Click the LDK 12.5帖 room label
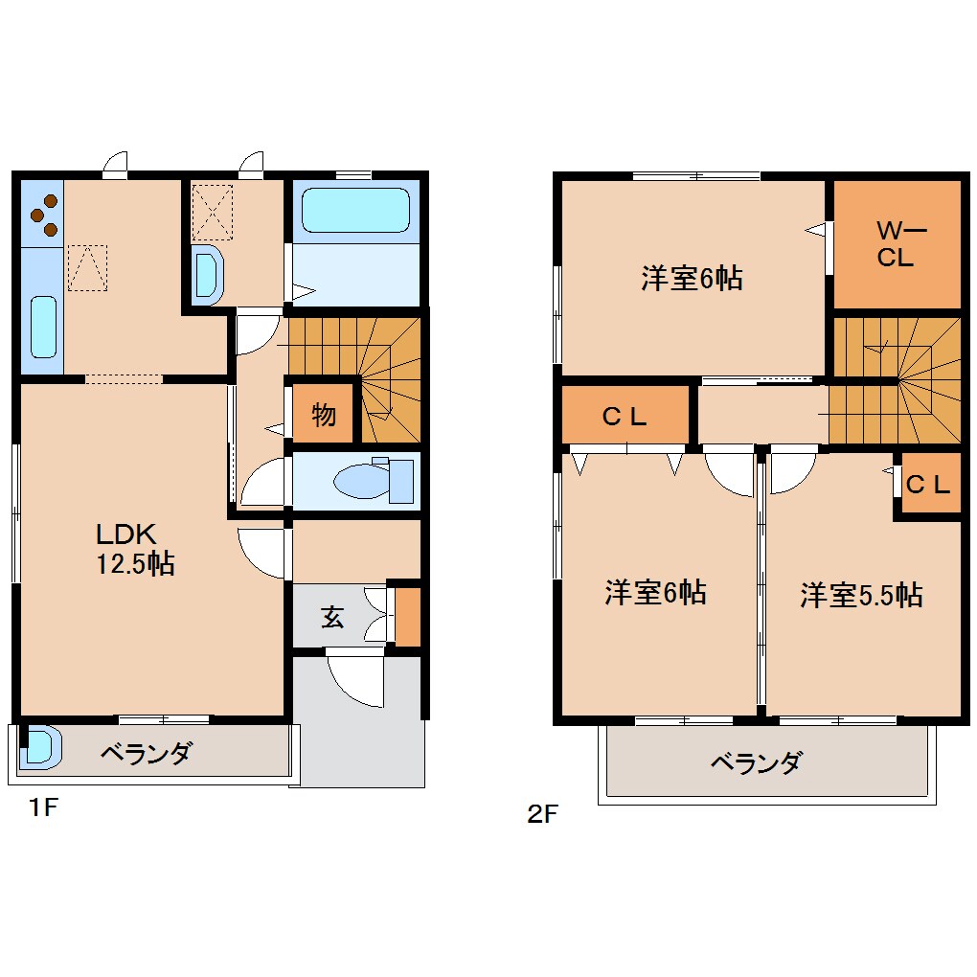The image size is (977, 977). [x=133, y=549]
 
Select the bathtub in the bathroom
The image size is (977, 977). [x=355, y=209]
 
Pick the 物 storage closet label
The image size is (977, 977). [x=324, y=416]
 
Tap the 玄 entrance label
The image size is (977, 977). [x=331, y=618]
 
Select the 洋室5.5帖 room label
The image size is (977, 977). [x=861, y=595]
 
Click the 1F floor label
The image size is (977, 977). [x=43, y=808]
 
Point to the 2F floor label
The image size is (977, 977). [x=541, y=815]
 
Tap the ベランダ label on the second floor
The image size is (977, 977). [x=756, y=763]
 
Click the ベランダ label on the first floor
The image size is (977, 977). [x=146, y=754]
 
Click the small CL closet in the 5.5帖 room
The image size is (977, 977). [x=927, y=485]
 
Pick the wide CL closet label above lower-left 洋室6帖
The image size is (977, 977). [x=625, y=417]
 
